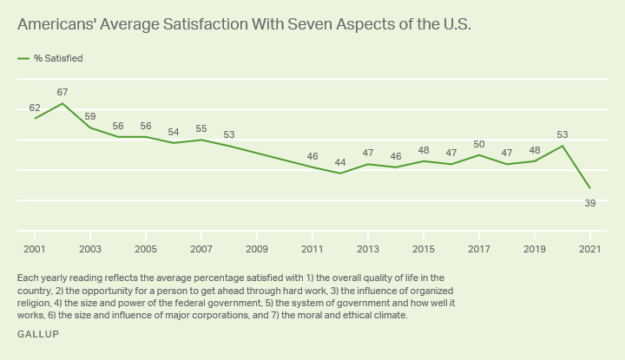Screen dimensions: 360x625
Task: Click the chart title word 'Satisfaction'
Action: click(x=218, y=25)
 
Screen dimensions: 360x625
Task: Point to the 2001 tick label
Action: click(x=35, y=249)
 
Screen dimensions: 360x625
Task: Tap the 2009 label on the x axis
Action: click(x=257, y=249)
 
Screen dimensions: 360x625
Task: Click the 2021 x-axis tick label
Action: click(x=590, y=249)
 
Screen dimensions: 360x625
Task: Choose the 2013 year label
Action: click(x=368, y=249)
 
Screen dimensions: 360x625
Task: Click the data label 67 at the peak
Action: click(x=62, y=92)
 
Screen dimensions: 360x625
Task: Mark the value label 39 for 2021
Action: click(x=590, y=202)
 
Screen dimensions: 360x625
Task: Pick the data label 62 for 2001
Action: click(x=35, y=108)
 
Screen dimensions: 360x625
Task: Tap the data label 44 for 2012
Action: click(x=340, y=162)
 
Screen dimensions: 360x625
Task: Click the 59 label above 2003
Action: click(x=90, y=116)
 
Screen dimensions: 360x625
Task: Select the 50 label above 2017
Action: click(x=479, y=144)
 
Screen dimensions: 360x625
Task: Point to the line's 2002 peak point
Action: click(x=62, y=103)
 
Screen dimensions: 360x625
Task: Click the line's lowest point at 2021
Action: click(x=590, y=188)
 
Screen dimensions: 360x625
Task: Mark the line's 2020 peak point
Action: click(x=562, y=146)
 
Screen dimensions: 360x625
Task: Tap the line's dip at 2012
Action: click(x=340, y=173)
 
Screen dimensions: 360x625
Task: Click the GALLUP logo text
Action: click(x=38, y=334)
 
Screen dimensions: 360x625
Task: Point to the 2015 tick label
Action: click(x=424, y=249)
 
